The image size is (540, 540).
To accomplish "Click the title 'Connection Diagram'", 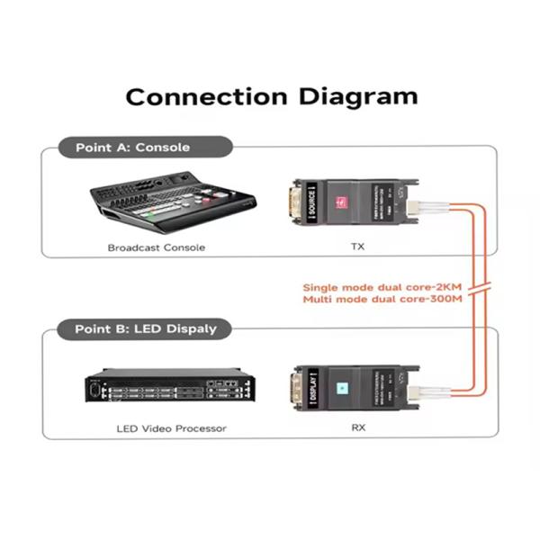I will (x=271, y=96).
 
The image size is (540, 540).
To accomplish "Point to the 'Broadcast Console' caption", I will (x=157, y=247).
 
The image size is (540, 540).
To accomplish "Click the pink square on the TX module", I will (x=341, y=202).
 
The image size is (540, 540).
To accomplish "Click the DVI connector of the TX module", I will (x=293, y=202).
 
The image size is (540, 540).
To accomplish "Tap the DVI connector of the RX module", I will (x=293, y=387).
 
